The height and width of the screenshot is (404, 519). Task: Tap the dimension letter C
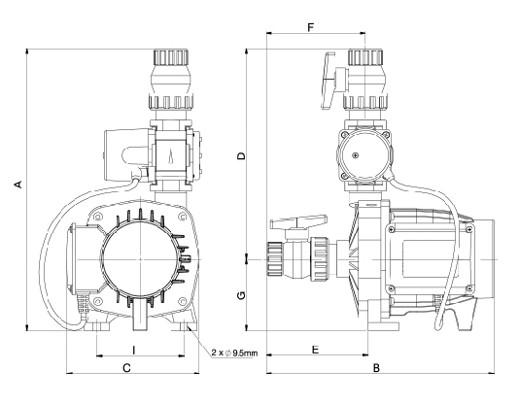[126, 368]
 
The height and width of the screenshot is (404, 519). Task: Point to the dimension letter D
[241, 155]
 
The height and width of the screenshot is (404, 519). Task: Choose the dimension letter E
[315, 347]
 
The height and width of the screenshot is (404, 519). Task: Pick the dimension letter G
[241, 294]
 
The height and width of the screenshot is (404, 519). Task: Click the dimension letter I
[133, 347]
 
